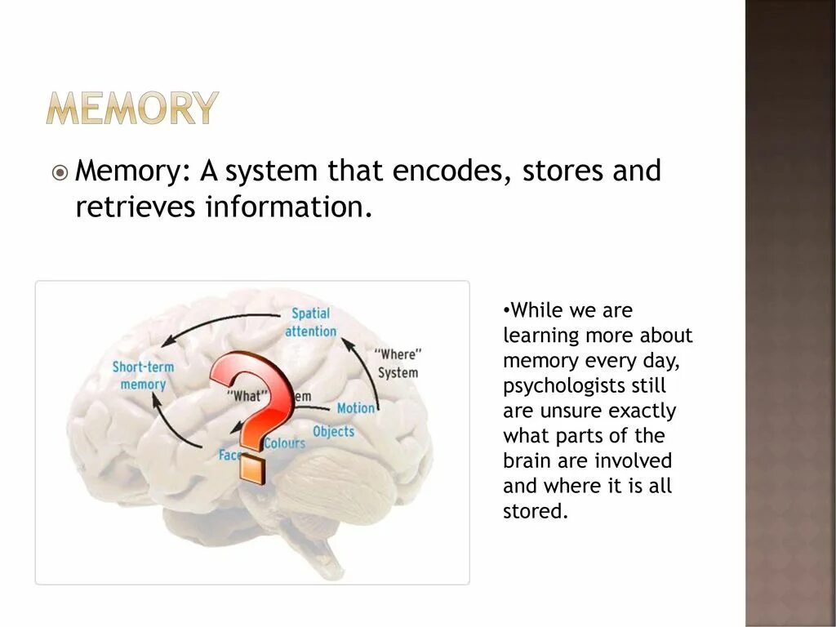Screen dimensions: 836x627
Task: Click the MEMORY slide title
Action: pos(132,108)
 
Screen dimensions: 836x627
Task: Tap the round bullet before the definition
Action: pos(60,173)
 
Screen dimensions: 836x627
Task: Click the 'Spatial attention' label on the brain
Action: pos(310,322)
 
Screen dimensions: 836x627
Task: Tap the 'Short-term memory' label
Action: pos(143,376)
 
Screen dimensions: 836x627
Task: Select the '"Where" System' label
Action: pos(398,364)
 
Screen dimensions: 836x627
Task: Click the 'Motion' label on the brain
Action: pos(356,407)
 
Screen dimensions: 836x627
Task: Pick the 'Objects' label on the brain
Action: pos(333,431)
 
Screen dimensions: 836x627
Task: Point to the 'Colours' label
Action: pos(285,443)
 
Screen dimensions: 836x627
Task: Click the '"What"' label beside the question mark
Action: pos(247,396)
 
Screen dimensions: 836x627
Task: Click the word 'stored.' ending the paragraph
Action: pos(535,512)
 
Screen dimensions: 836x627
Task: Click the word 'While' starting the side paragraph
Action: pos(531,310)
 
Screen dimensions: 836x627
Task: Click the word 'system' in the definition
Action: pos(272,172)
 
